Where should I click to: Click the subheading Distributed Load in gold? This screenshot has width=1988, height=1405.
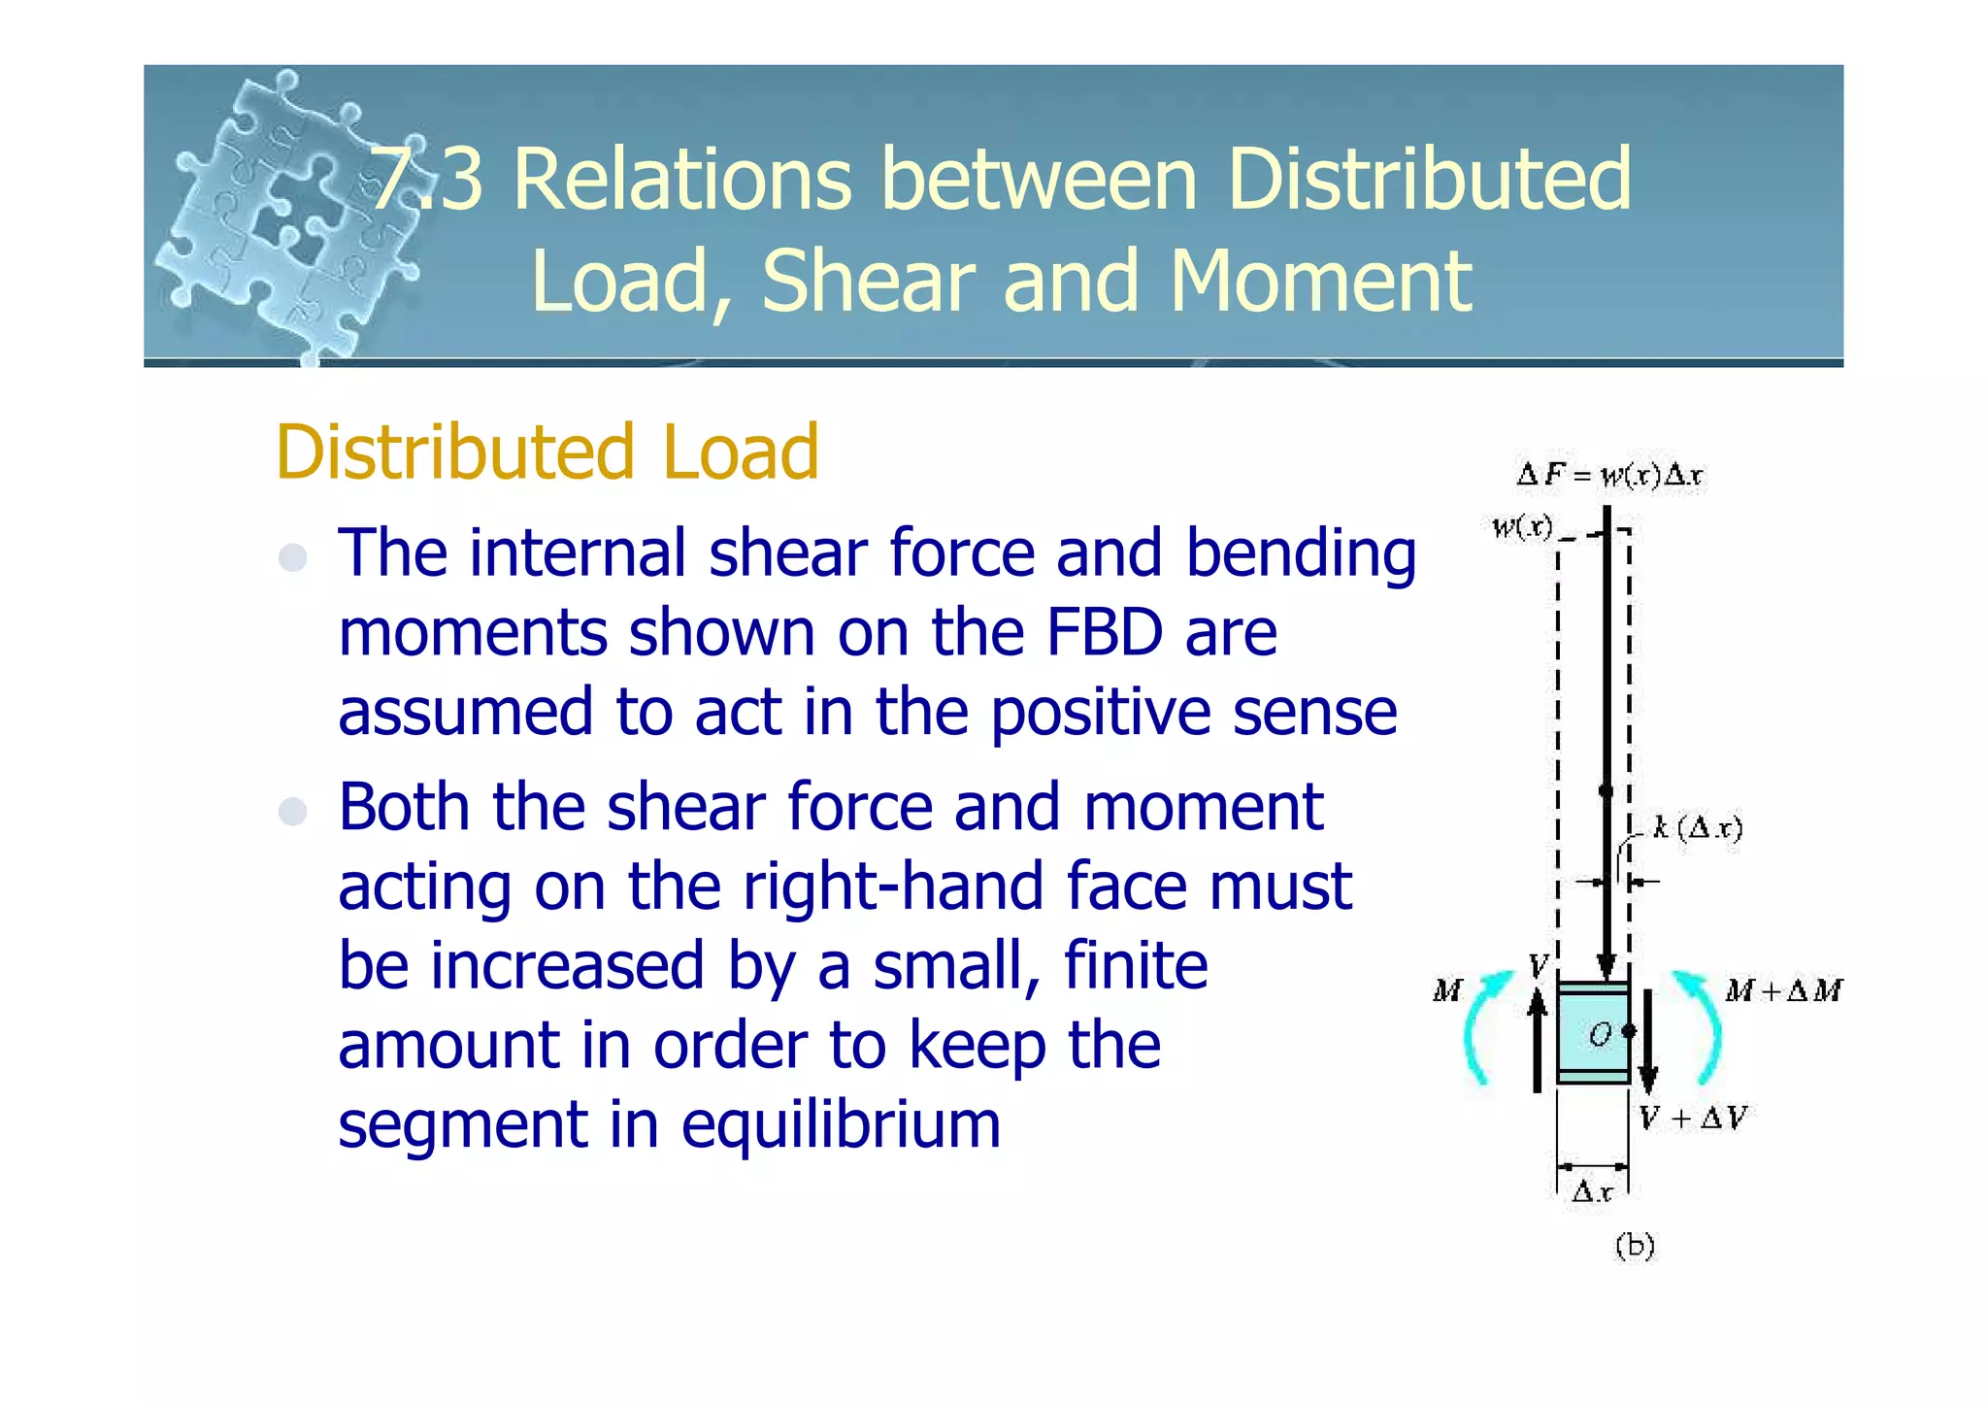click(x=547, y=452)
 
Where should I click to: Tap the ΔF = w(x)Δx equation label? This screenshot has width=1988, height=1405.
click(x=1609, y=476)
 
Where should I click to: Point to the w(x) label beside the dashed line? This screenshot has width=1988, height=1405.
click(x=1522, y=527)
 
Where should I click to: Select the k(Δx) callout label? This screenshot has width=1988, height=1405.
click(x=1698, y=828)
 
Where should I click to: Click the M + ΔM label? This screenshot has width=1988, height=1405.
click(x=1784, y=991)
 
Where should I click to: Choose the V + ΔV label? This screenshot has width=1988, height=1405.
click(x=1693, y=1119)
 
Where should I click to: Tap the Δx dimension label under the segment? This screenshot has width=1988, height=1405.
click(x=1592, y=1191)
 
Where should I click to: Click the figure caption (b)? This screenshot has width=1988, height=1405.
click(x=1635, y=1246)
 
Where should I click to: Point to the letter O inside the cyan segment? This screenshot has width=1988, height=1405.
click(x=1600, y=1035)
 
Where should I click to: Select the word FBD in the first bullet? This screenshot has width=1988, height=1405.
click(x=1105, y=633)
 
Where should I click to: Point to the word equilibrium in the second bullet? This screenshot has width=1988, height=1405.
click(x=841, y=1125)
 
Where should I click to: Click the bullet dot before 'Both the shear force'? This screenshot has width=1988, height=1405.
click(x=292, y=811)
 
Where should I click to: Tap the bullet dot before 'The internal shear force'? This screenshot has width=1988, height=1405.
click(x=292, y=557)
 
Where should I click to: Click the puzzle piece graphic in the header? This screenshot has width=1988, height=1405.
click(x=282, y=214)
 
